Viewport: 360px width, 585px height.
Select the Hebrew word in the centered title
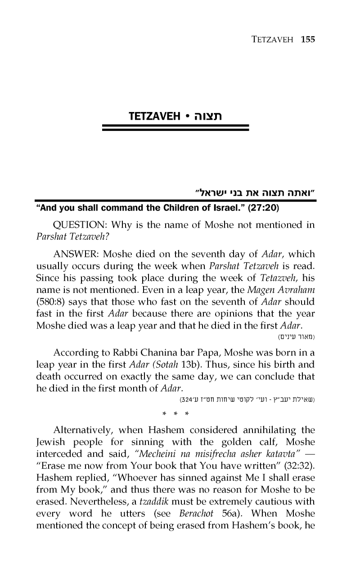pos(207,118)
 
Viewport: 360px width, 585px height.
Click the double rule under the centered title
pos(176,128)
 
